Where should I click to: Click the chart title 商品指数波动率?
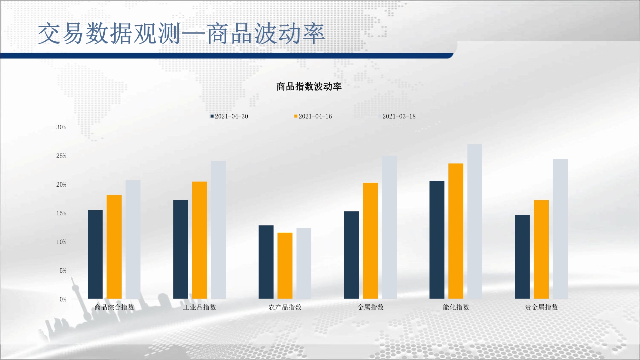pyautogui.click(x=309, y=86)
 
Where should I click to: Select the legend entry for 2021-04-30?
pyautogui.click(x=229, y=116)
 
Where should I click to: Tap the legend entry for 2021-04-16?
pyautogui.click(x=313, y=116)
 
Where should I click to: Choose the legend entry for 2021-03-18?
pyautogui.click(x=397, y=116)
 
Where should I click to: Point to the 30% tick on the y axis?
pyautogui.click(x=61, y=127)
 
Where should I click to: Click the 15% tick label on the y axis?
pyautogui.click(x=61, y=213)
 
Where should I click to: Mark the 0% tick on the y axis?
pyautogui.click(x=63, y=299)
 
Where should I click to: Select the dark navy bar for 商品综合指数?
pyautogui.click(x=95, y=254)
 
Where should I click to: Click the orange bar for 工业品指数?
pyautogui.click(x=199, y=240)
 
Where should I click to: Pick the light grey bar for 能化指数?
pyautogui.click(x=475, y=221)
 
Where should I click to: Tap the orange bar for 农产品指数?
pyautogui.click(x=285, y=266)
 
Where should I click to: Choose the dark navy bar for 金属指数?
pyautogui.click(x=351, y=255)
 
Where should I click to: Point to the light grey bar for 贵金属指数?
pyautogui.click(x=560, y=229)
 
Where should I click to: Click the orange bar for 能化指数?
pyautogui.click(x=456, y=231)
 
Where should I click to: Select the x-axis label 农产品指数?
pyautogui.click(x=285, y=307)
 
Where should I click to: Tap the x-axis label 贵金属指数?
pyautogui.click(x=541, y=307)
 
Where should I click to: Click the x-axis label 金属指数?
pyautogui.click(x=370, y=307)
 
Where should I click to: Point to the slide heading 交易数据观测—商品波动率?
pyautogui.click(x=181, y=33)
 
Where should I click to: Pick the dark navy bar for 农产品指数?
pyautogui.click(x=266, y=262)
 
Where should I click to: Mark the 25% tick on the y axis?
pyautogui.click(x=61, y=156)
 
